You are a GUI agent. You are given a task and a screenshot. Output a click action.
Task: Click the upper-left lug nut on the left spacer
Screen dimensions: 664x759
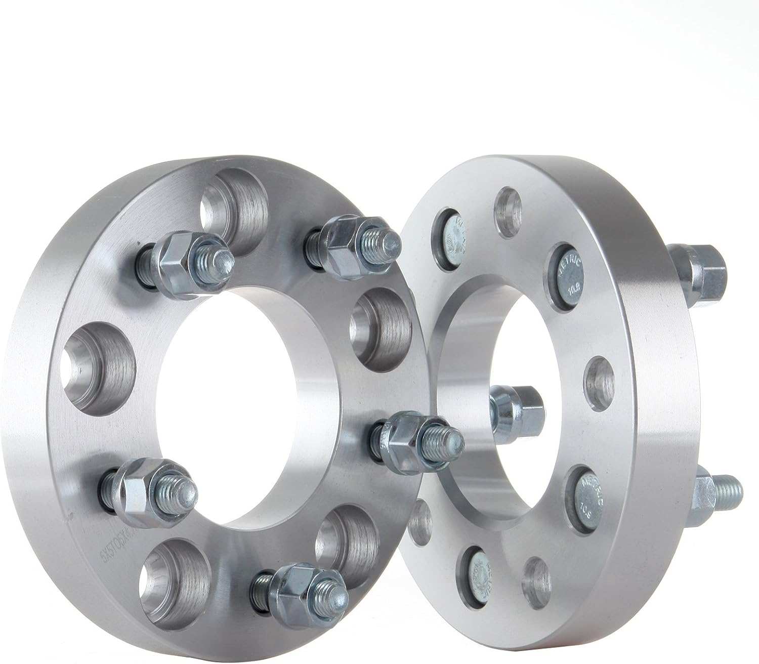[x=182, y=259]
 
